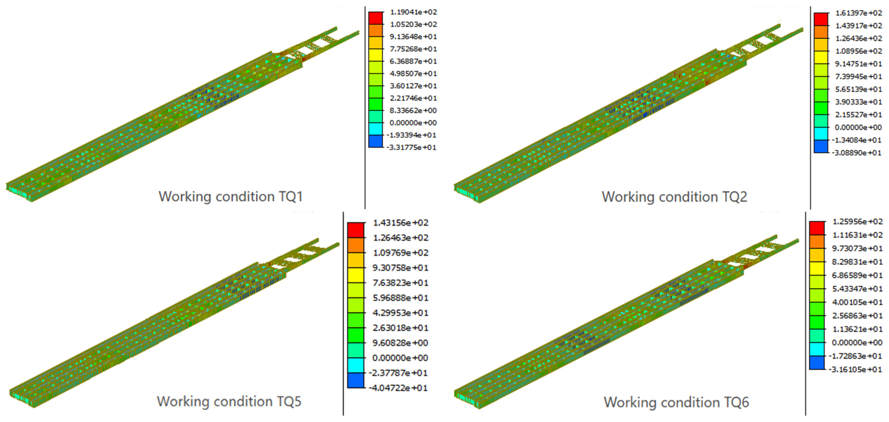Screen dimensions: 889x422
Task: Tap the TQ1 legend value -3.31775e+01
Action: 411,147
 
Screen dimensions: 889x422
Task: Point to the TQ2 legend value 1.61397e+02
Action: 859,13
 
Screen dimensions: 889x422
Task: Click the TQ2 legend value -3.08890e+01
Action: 856,152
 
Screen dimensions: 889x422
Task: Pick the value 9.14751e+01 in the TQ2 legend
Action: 859,64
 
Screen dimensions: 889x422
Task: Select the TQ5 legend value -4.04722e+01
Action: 398,388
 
